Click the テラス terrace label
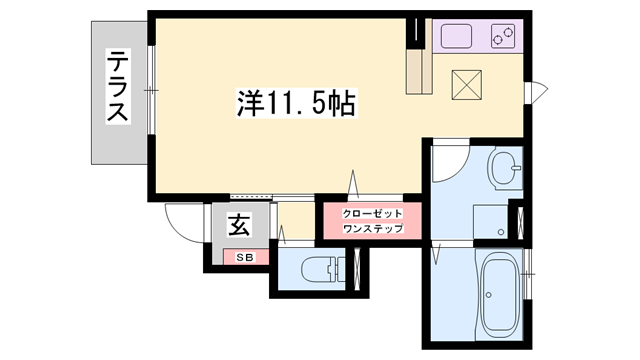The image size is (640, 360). point(119,87)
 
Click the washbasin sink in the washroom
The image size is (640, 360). point(505,167)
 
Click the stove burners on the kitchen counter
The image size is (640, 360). point(502,38)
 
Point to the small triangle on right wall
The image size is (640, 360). point(539,89)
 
